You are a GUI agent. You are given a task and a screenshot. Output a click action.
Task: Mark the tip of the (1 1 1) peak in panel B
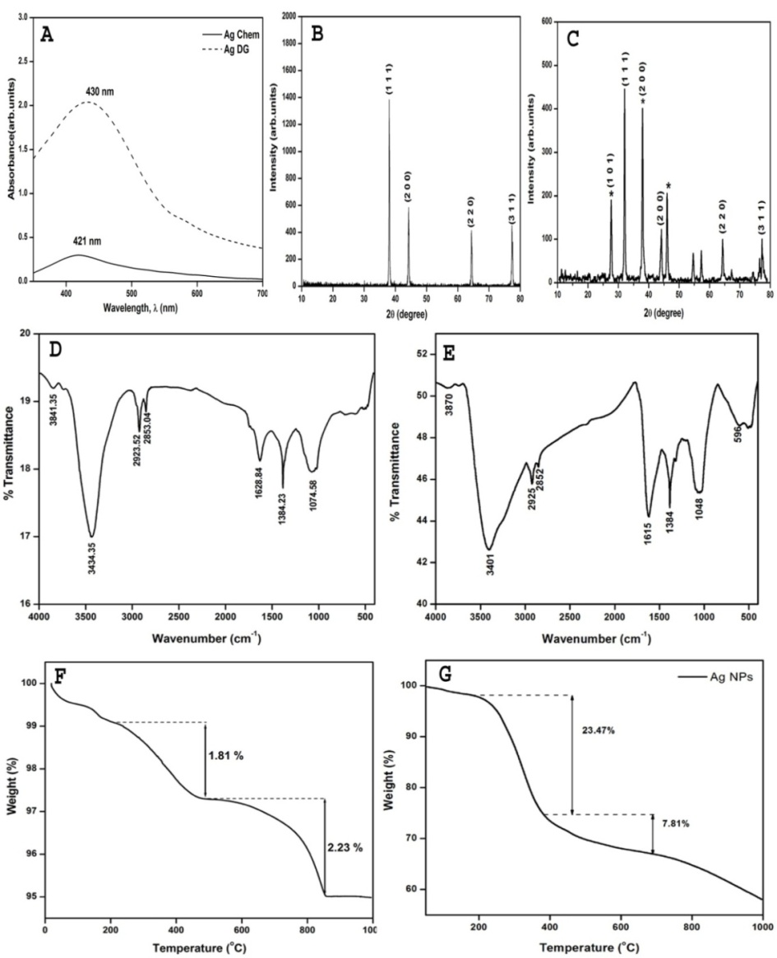(x=389, y=100)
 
